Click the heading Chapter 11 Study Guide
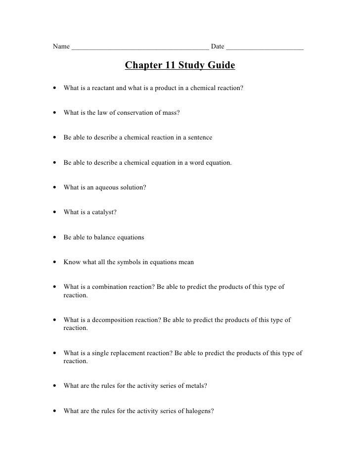tap(180, 66)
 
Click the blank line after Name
tap(140, 48)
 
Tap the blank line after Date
tap(265, 48)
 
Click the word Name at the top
tap(61, 47)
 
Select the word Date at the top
tap(218, 47)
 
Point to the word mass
tap(171, 113)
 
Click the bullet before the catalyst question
tap(52, 213)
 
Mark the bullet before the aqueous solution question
tap(52, 188)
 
